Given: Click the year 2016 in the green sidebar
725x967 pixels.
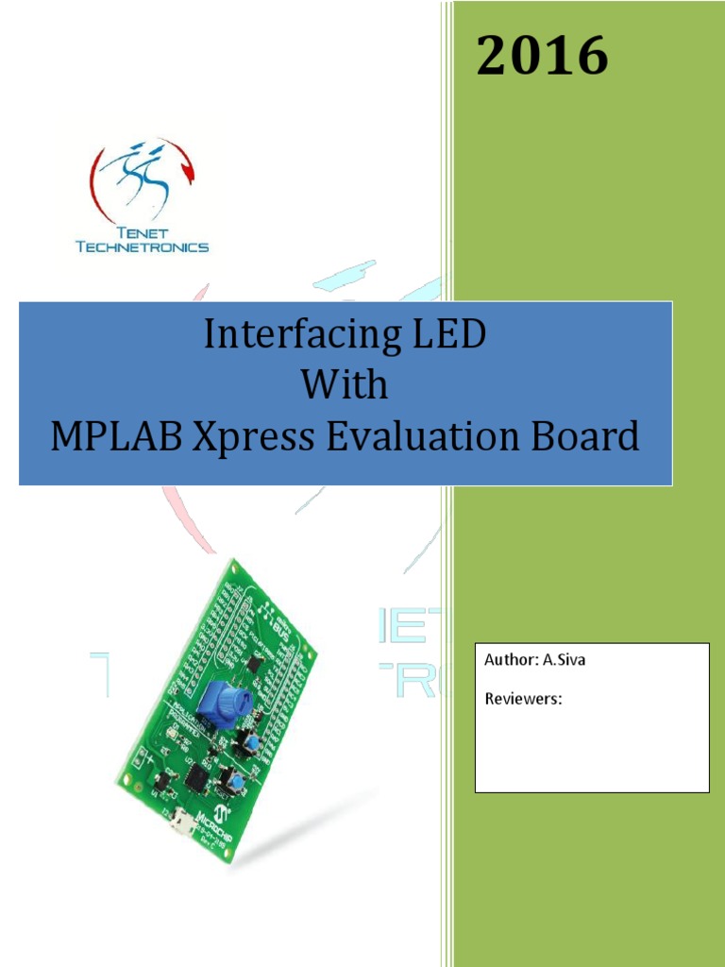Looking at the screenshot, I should [542, 57].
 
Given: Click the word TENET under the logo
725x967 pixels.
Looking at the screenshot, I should [142, 232].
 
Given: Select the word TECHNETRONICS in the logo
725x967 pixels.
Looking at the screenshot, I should [142, 246].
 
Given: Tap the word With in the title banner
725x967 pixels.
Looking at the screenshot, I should [345, 385].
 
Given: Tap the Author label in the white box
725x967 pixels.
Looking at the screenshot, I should [510, 660].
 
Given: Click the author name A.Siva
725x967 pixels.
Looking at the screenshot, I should [564, 660].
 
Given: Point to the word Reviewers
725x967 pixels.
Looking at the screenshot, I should [524, 700].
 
